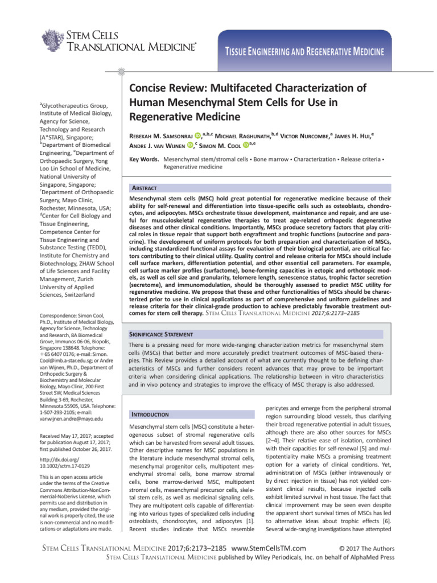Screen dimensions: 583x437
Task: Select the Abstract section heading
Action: coord(145,187)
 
